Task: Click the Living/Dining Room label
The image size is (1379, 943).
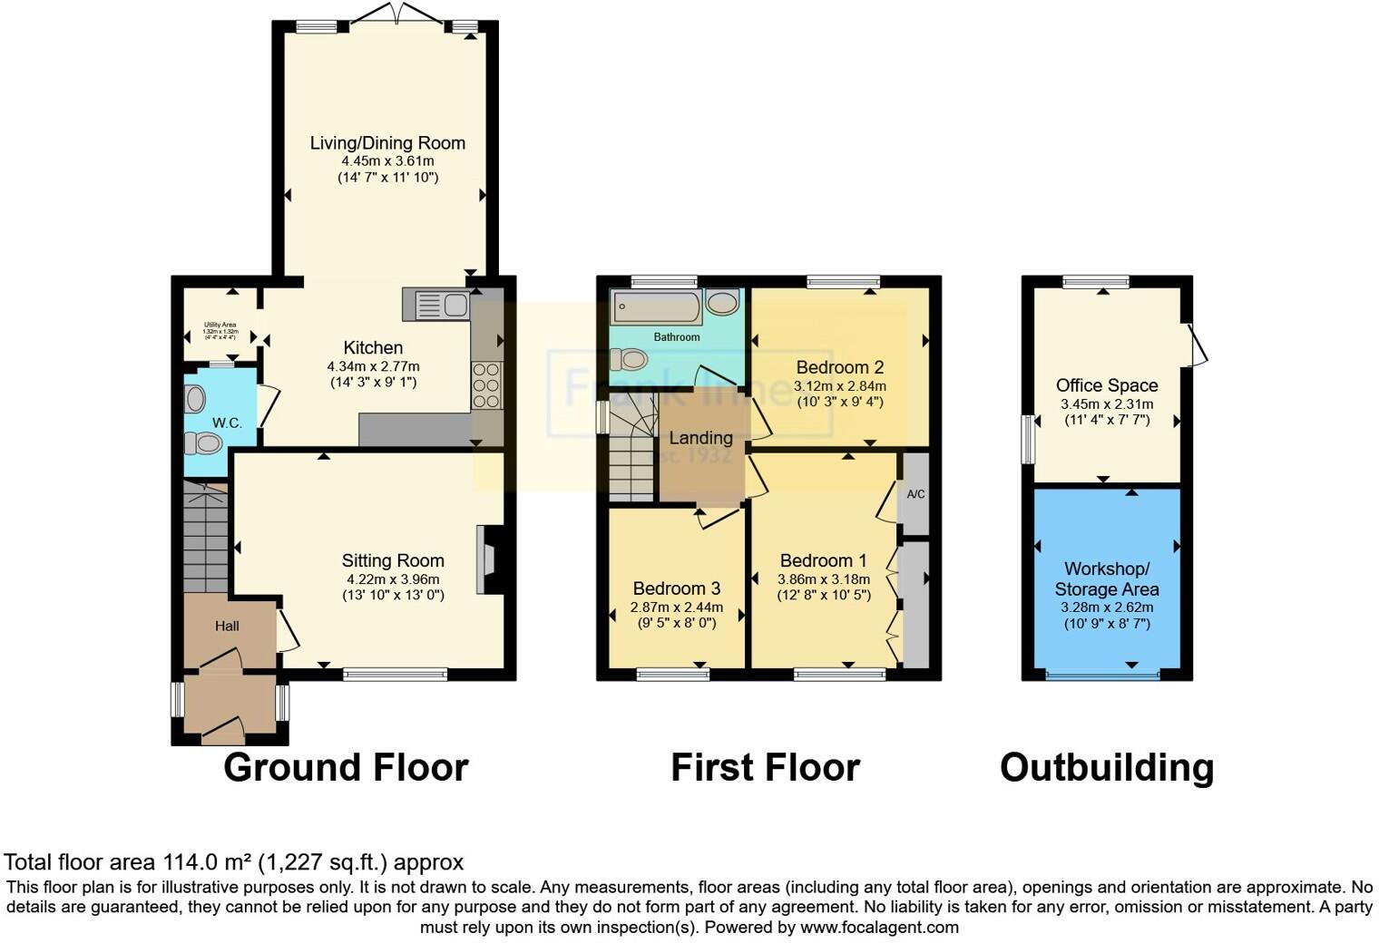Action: click(387, 143)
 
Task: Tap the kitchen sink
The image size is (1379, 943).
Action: click(436, 305)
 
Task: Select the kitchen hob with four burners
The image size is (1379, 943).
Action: click(487, 386)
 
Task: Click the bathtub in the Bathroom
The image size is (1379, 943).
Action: click(656, 307)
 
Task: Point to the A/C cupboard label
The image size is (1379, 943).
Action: click(915, 494)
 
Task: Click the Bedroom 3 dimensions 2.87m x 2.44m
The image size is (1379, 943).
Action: click(677, 608)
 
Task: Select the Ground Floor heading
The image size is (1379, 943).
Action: click(346, 768)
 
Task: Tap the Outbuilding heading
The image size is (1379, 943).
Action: click(1106, 768)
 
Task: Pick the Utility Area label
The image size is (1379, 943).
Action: click(220, 325)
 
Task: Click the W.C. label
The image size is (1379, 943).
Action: click(227, 423)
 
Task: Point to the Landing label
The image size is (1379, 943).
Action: click(700, 438)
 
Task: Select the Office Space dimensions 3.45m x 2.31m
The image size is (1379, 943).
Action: click(1106, 404)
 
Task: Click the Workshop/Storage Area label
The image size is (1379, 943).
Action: click(1106, 578)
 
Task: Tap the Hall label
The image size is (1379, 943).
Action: click(227, 626)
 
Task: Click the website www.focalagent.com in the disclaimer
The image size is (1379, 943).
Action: click(878, 928)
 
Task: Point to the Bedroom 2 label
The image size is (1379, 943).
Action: click(839, 367)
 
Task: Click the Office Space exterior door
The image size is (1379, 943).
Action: click(1196, 345)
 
